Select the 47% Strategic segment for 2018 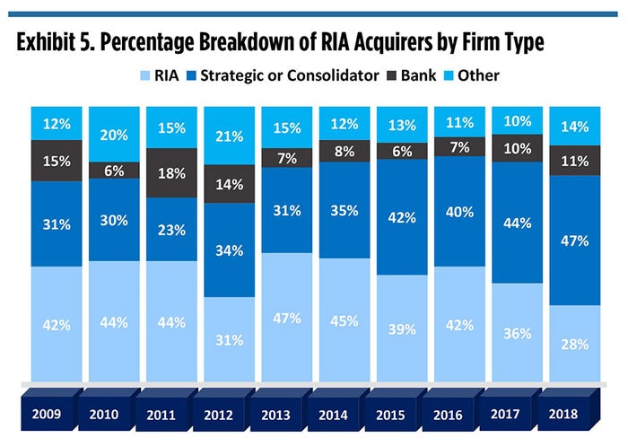point(573,240)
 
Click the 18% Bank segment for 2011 point(172,173)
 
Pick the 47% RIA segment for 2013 point(286,317)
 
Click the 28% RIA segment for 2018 point(573,343)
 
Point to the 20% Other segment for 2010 point(114,135)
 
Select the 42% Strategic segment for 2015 point(401,217)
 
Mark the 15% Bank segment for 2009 point(57,162)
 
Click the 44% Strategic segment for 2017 point(516,222)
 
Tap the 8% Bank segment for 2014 point(344,151)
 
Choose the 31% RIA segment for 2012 point(229,339)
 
